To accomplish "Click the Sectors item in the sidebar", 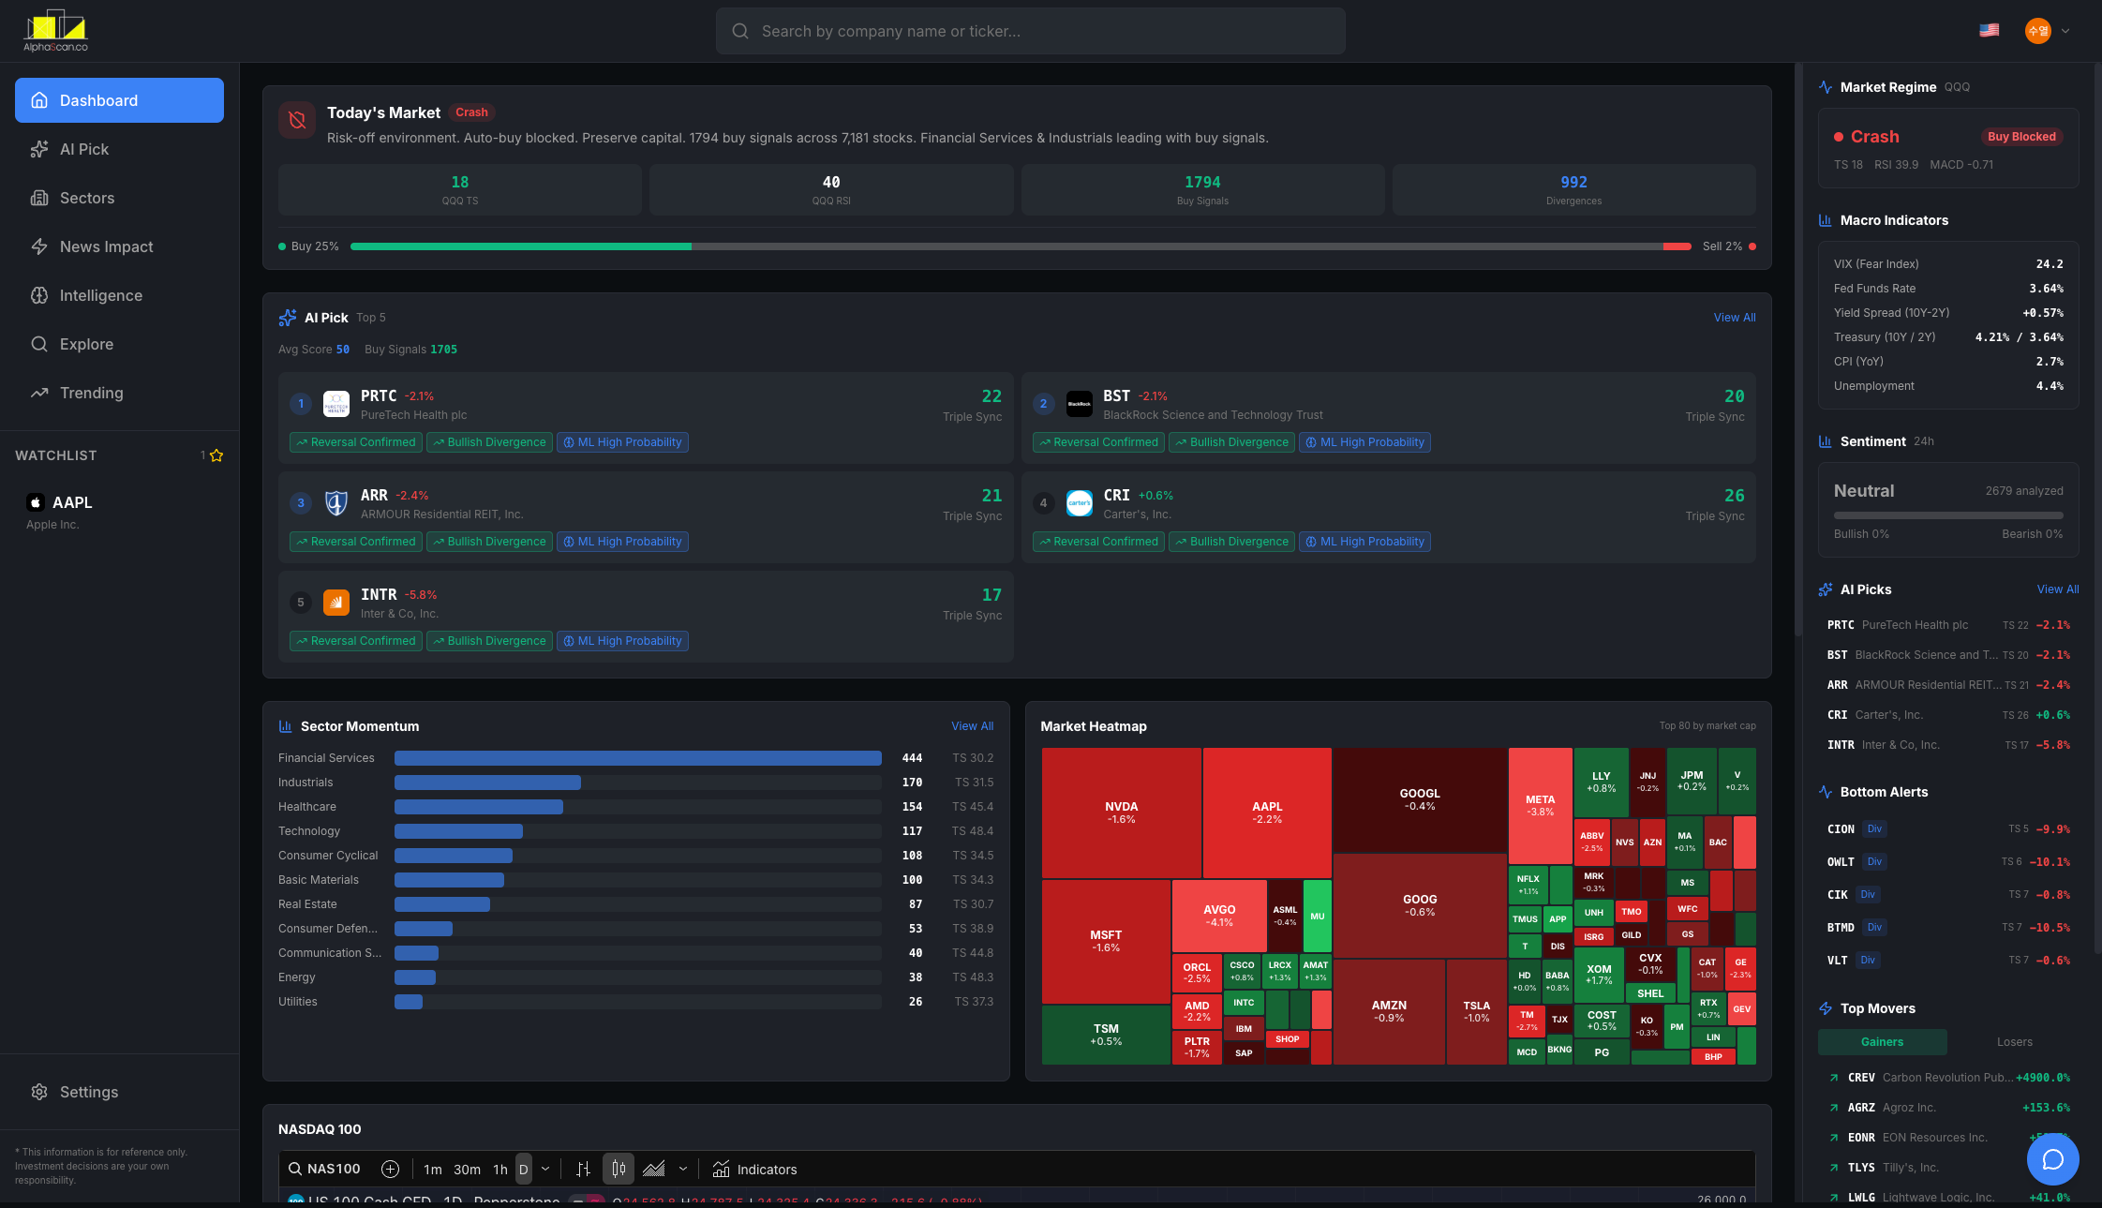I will (x=86, y=198).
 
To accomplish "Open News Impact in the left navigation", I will (x=106, y=246).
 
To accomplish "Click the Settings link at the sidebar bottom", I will (x=88, y=1092).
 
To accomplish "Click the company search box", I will (x=1031, y=31).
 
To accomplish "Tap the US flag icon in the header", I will (x=1989, y=31).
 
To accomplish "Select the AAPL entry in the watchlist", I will (x=72, y=502).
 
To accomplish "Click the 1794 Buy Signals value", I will (x=1201, y=182).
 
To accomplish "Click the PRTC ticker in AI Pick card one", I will (x=379, y=395).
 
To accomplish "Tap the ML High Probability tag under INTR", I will (x=622, y=641).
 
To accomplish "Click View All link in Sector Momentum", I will (x=972, y=726).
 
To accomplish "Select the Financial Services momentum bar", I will (x=637, y=758).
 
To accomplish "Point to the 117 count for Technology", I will (x=911, y=831).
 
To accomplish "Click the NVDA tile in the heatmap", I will (x=1121, y=812).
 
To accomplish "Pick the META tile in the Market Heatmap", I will (x=1540, y=805).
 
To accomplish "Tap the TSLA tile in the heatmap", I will (x=1476, y=1011).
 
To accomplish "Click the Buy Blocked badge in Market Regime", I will (x=2021, y=137).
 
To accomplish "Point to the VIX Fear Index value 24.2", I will (x=2049, y=264).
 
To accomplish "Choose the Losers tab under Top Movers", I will (x=2014, y=1042).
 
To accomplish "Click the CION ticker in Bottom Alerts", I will (x=1841, y=829).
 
